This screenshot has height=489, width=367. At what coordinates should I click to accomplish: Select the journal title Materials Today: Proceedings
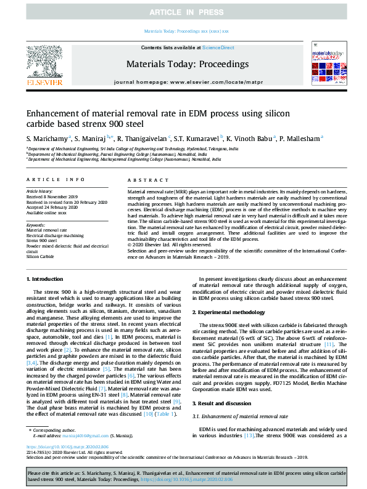pyautogui.click(x=187, y=64)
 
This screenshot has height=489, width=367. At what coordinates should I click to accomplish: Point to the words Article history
pyautogui.click(x=39, y=192)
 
